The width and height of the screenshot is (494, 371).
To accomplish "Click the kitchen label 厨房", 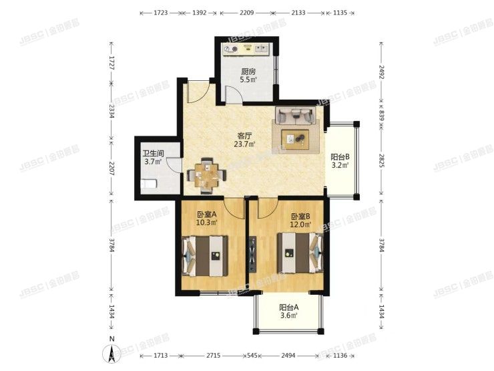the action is (248, 72).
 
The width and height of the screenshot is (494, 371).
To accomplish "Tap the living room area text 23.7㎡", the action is (244, 144).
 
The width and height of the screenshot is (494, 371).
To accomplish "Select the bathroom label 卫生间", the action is (153, 154).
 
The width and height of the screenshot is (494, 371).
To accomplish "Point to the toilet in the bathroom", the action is (149, 184).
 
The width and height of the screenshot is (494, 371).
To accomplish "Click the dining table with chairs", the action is (207, 175).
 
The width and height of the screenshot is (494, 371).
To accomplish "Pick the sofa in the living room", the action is (296, 115).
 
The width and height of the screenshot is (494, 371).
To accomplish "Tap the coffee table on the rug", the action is (295, 138).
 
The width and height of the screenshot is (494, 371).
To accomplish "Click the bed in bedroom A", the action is (205, 256).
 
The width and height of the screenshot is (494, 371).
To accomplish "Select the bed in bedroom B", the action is (300, 253).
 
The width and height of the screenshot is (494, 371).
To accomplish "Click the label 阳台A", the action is (289, 307).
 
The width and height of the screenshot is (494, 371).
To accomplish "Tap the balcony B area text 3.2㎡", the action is (340, 165).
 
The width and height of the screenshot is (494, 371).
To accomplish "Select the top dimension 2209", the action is (247, 13).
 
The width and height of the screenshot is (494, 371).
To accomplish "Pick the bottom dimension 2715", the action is (214, 356).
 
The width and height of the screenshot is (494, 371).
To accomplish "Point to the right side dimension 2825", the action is (382, 161).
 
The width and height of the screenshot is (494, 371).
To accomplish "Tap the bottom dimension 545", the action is (252, 356).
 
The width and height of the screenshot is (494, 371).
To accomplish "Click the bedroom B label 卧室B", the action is (300, 217).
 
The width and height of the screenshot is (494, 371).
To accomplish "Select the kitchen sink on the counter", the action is (262, 49).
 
